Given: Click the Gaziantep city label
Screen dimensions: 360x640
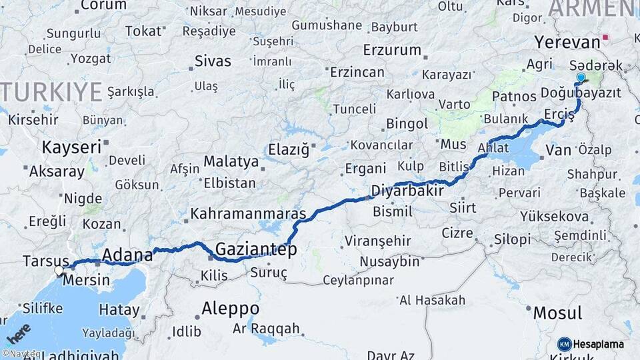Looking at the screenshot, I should coord(256,249).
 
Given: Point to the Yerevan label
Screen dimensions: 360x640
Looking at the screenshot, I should coord(567,42).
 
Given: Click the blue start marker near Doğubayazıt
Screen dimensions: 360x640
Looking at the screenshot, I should coord(581,79).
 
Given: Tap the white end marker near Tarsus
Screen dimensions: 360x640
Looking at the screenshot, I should coord(59,271).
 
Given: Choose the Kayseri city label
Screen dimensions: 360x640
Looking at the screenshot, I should coord(71,146).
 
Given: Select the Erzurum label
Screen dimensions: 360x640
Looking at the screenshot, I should coord(392,50).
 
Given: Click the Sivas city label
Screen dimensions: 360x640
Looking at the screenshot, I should coord(213,61).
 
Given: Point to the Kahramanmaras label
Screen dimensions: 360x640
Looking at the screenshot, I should coord(248,214).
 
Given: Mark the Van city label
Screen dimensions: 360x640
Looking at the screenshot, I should coord(559,150).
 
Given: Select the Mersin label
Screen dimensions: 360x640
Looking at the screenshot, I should coord(86,280).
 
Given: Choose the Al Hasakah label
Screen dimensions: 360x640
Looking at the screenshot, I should coord(432,300).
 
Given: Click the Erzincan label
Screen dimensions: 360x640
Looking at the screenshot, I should coord(357,73).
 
